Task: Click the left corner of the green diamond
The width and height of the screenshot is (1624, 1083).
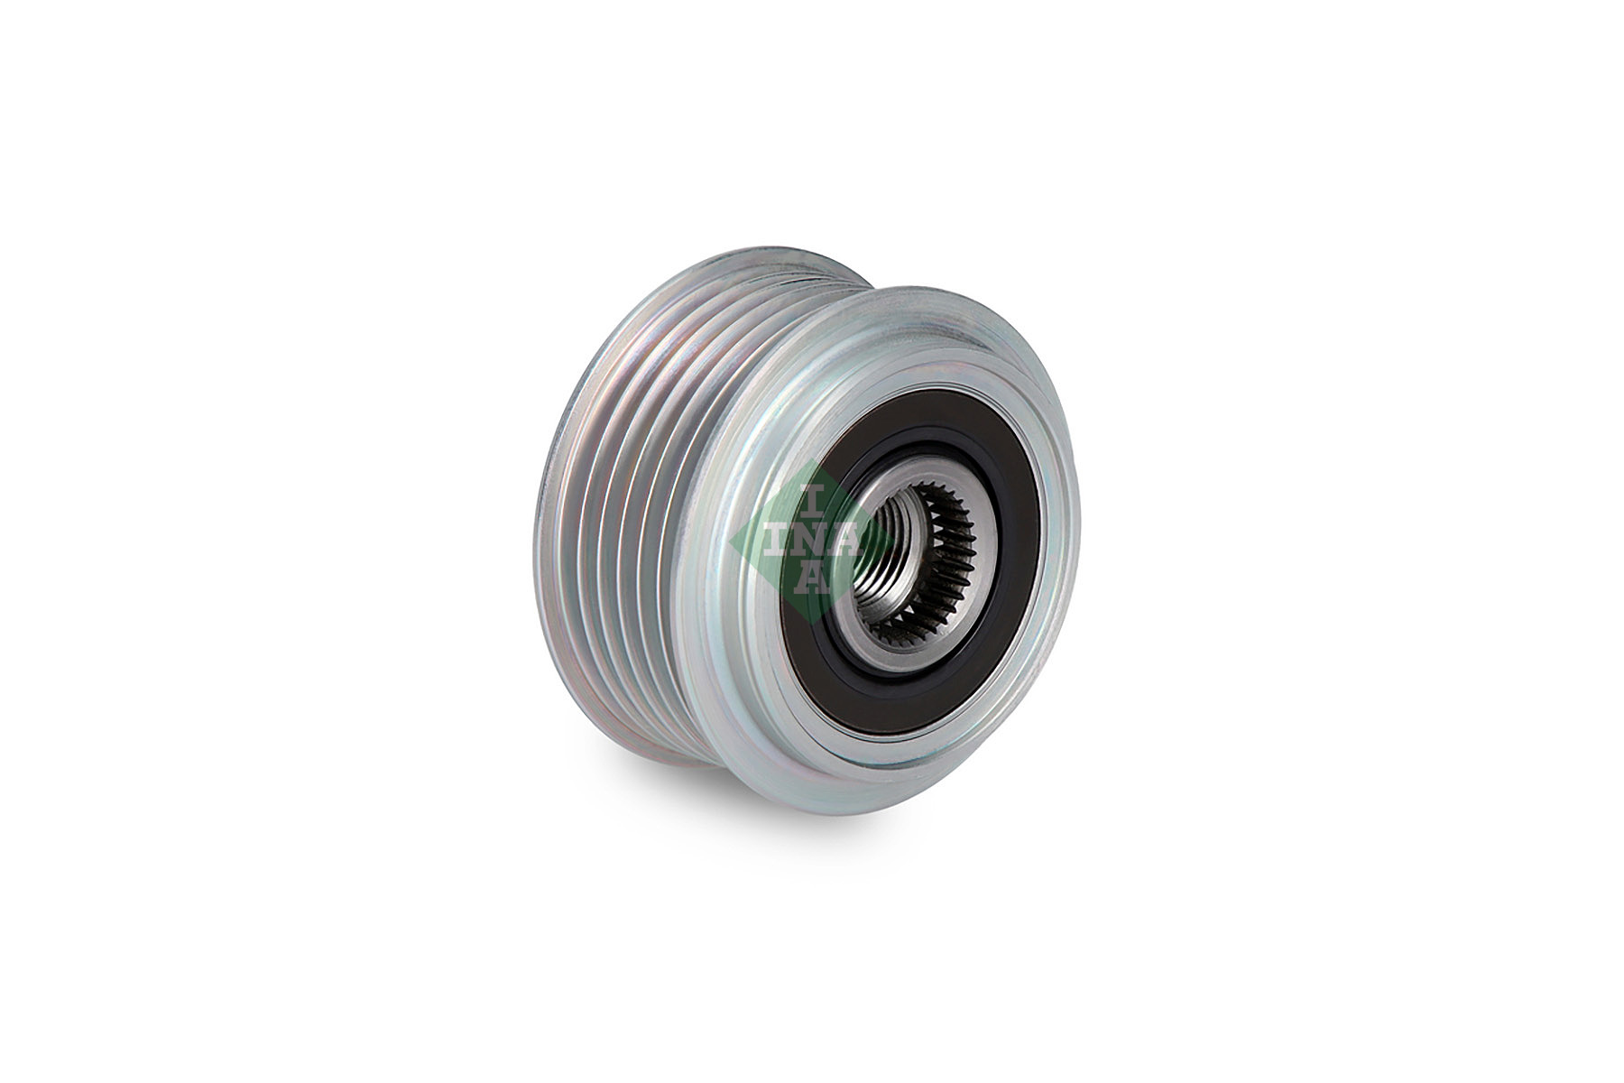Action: [734, 539]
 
